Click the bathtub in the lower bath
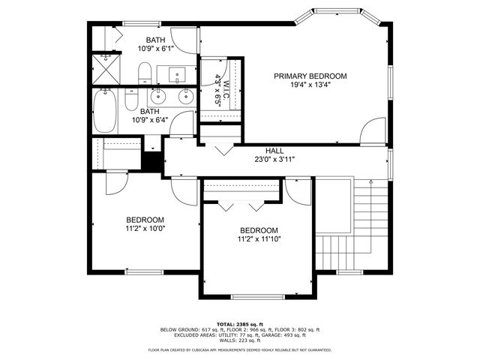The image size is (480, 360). (x=106, y=110)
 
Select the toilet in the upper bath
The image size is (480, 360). (x=145, y=73)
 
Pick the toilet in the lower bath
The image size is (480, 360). (x=131, y=100)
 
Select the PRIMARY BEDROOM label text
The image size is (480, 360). (x=310, y=76)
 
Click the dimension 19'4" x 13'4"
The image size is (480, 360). (x=310, y=85)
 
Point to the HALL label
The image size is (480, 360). (x=274, y=151)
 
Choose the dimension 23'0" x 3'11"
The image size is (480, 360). (x=274, y=159)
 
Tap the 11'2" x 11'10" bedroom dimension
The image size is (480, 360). (x=259, y=239)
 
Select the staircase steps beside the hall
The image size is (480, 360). (x=367, y=217)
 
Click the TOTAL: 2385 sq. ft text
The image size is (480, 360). (x=239, y=323)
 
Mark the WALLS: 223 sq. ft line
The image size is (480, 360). (x=239, y=341)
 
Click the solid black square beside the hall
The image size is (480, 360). (x=153, y=160)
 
